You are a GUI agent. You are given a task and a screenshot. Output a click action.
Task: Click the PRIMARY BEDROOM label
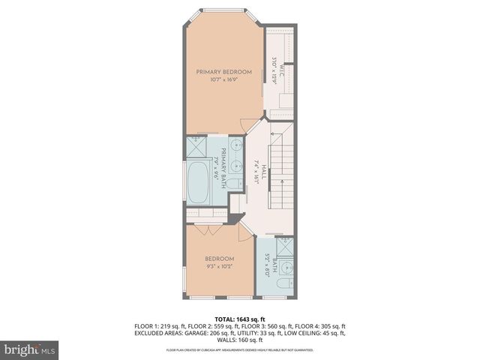click(x=223, y=72)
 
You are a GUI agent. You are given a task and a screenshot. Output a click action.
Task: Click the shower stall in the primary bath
click(x=197, y=146)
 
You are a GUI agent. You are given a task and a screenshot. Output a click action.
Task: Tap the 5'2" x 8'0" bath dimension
click(x=268, y=267)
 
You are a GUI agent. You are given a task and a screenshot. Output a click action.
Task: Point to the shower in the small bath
click(x=285, y=248)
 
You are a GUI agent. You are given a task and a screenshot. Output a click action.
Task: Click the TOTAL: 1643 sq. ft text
click(x=239, y=319)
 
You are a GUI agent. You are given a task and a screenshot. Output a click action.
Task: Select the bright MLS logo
click(x=29, y=349)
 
